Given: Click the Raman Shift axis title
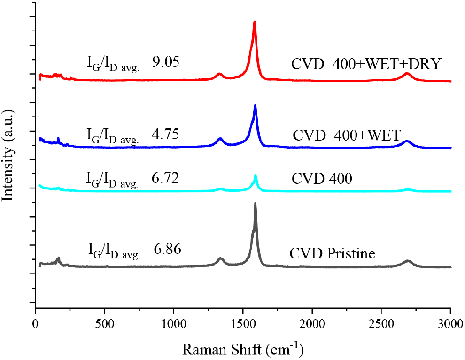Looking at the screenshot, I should coord(243,349).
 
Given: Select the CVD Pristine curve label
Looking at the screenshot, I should coord(332,255).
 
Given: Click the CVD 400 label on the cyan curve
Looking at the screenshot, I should coord(322,179).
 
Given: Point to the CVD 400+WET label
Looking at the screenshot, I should coord(346,136).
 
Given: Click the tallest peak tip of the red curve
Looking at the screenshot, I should coord(255,22).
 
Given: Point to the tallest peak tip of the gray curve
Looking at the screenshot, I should coord(255,203).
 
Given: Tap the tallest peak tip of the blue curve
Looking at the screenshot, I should coord(255,105).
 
